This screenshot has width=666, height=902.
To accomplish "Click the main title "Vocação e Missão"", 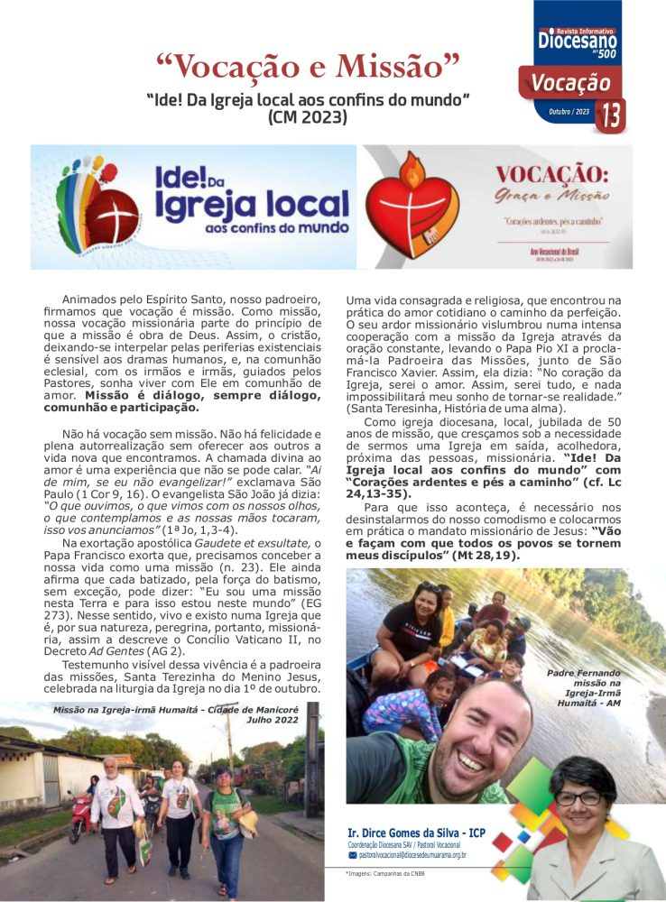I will (309, 66).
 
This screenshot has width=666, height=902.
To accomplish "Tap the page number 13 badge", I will (611, 115).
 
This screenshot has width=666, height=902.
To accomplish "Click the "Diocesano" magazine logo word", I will (578, 40).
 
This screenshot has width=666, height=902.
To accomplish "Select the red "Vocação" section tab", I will (569, 83).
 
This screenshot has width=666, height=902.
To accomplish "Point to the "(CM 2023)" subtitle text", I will (308, 116).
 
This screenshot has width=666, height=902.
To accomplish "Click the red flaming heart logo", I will (414, 207).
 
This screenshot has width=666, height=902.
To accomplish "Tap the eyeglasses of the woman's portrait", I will (578, 797).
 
